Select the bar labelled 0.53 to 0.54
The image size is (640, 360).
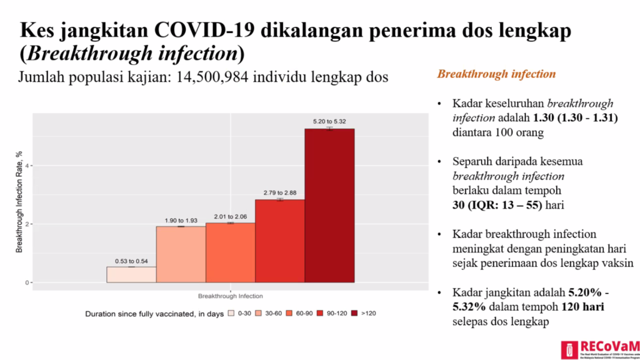131,275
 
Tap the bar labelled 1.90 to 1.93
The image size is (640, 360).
181,254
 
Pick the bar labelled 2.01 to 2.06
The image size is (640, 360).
230,252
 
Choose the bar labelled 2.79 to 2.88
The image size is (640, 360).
279,241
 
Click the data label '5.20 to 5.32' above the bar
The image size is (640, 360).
329,121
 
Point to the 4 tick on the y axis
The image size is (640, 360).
27,166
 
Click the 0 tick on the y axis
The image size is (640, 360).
27,282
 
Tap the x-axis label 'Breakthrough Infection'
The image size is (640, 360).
230,296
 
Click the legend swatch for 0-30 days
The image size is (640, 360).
231,313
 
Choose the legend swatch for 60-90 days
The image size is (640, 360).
290,313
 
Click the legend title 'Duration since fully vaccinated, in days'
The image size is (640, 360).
154,314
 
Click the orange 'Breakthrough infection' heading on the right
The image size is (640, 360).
496,74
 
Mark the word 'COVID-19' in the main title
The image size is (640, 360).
196,30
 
